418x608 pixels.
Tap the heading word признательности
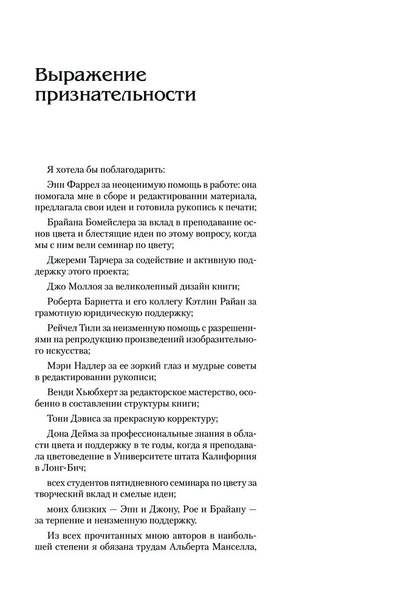115,97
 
